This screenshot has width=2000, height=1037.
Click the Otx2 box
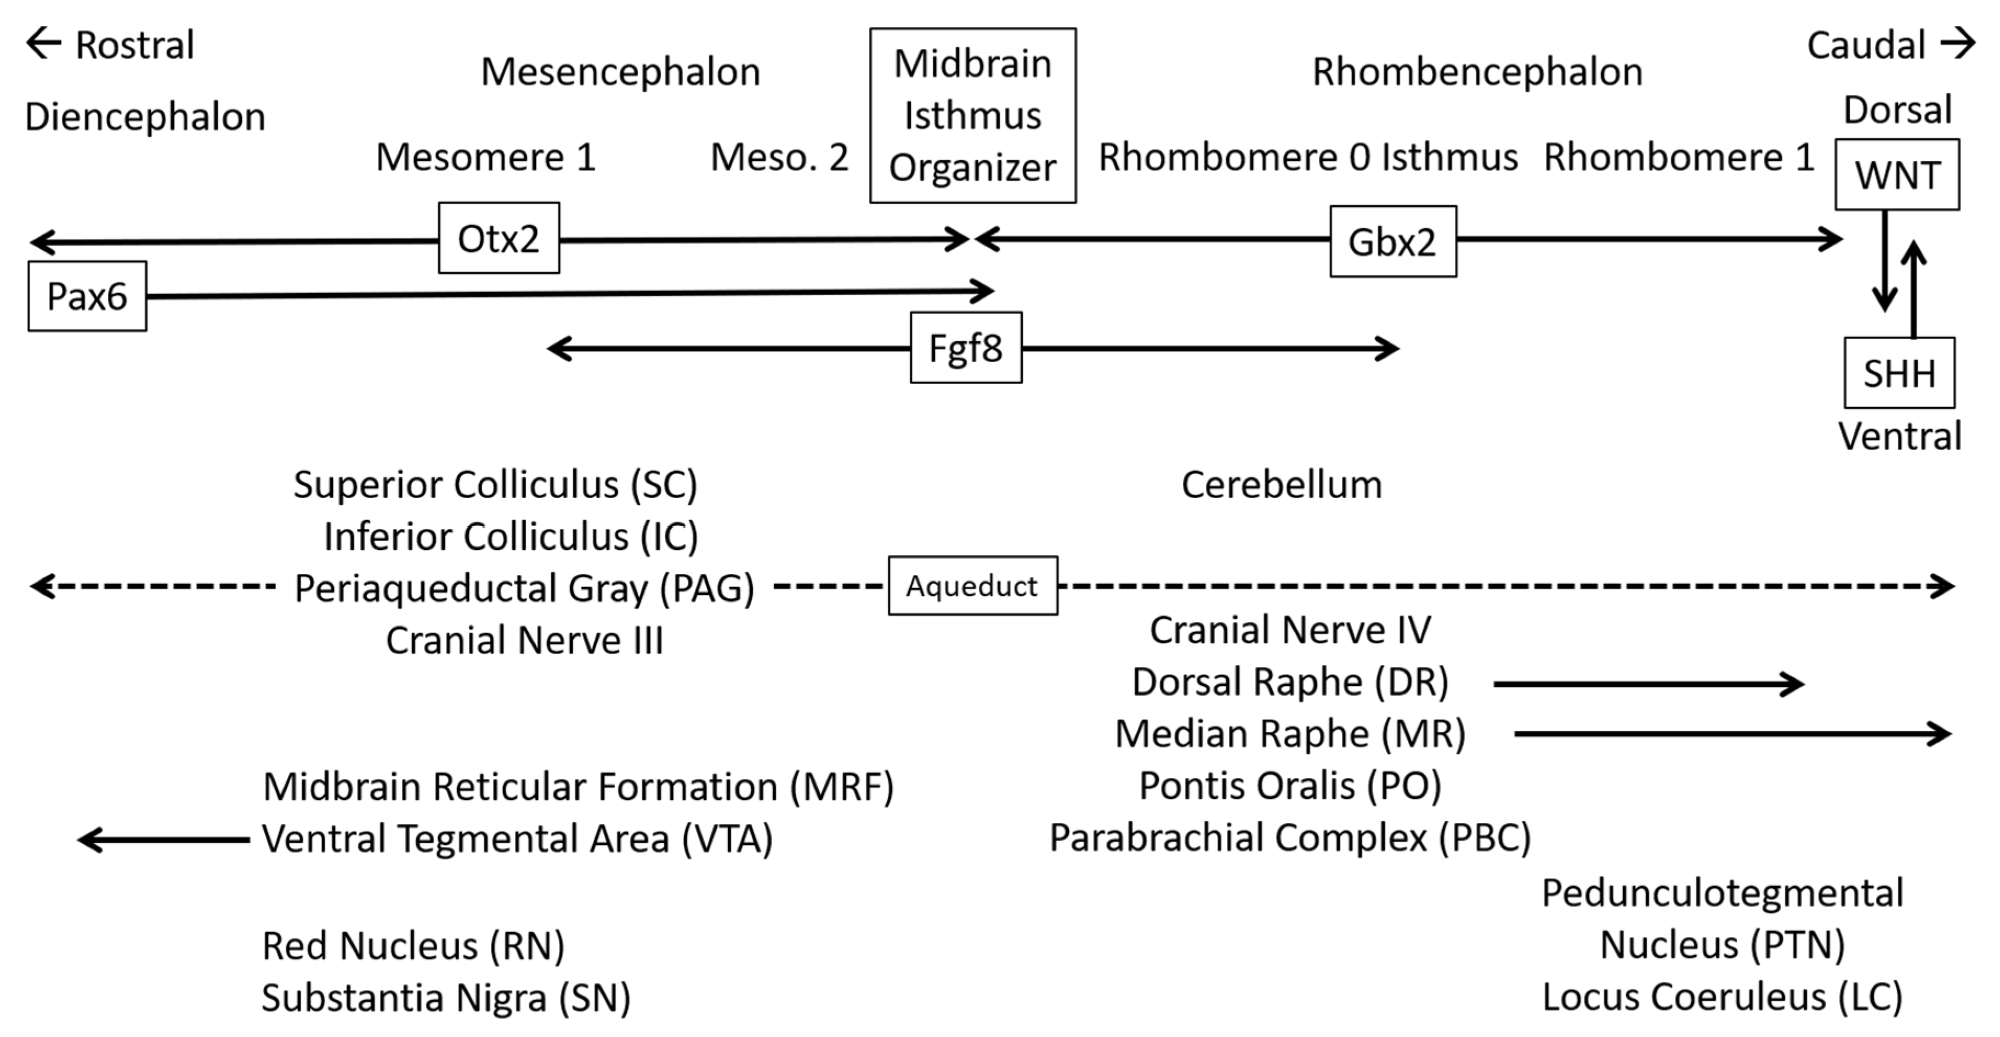click(x=498, y=239)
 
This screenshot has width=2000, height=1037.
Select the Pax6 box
click(x=87, y=296)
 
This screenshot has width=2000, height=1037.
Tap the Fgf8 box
click(x=966, y=347)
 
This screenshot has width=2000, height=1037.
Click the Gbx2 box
click(x=1393, y=241)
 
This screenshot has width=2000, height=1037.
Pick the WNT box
click(x=1897, y=175)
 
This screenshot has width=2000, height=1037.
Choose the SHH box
click(x=1899, y=374)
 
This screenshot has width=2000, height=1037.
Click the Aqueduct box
click(x=972, y=585)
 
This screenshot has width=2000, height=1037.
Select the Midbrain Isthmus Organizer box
click(x=973, y=116)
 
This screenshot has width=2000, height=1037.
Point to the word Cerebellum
click(x=1282, y=484)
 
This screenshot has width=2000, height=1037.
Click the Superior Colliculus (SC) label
click(x=495, y=484)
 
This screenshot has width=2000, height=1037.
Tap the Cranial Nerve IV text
click(x=1290, y=629)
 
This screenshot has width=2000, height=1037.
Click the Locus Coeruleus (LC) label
click(x=1722, y=996)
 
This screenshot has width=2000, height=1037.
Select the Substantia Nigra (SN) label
click(x=446, y=997)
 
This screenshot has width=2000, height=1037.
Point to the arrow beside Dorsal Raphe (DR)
click(x=1647, y=684)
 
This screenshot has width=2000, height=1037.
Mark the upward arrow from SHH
click(x=1914, y=289)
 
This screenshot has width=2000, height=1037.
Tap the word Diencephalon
click(x=145, y=117)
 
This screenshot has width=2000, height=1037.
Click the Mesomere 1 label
click(x=486, y=157)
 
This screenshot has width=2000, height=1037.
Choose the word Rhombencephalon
click(x=1477, y=72)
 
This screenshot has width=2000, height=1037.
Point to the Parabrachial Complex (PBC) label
click(x=1290, y=837)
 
